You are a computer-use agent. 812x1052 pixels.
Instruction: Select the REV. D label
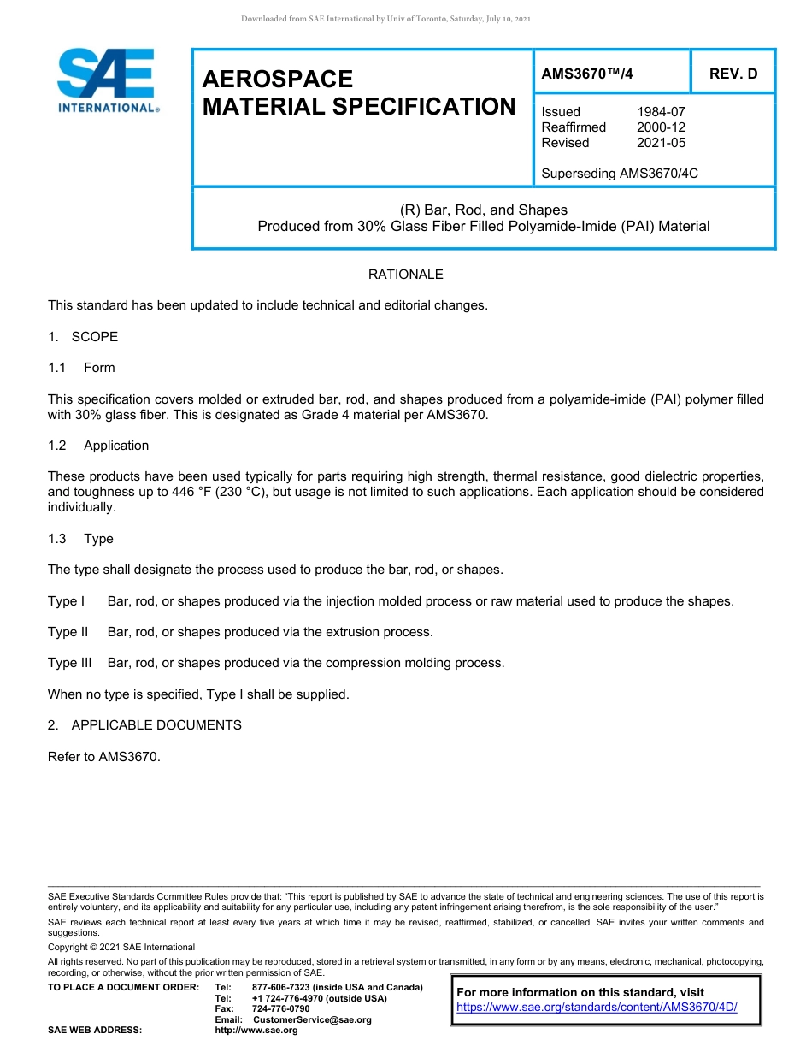pos(733,74)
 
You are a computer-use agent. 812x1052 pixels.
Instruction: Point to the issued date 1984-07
pos(661,112)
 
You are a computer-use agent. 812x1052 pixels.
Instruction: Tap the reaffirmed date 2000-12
pos(661,127)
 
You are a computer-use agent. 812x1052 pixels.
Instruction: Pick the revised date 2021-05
pos(661,143)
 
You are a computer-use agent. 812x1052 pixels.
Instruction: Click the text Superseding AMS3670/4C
pos(620,174)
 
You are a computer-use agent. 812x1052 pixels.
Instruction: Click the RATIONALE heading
pos(405,275)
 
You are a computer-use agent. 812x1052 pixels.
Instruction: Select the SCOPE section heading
pos(94,337)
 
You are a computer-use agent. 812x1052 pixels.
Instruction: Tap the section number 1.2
pos(57,446)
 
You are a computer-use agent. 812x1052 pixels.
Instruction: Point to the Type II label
pos(68,632)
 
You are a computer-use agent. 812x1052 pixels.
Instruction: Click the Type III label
pos(69,663)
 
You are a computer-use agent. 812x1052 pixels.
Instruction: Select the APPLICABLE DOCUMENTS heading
pos(156,725)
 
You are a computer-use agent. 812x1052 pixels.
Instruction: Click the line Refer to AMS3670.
pos(103,756)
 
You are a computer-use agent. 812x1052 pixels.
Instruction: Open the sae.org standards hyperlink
pos(597,1008)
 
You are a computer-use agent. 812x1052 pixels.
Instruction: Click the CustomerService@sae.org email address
pos(312,1019)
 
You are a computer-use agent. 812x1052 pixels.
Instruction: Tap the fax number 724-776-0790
pos(280,1009)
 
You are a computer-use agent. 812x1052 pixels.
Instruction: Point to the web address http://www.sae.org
pos(256,1030)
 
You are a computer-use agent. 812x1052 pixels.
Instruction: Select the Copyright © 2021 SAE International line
pos(121,948)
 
